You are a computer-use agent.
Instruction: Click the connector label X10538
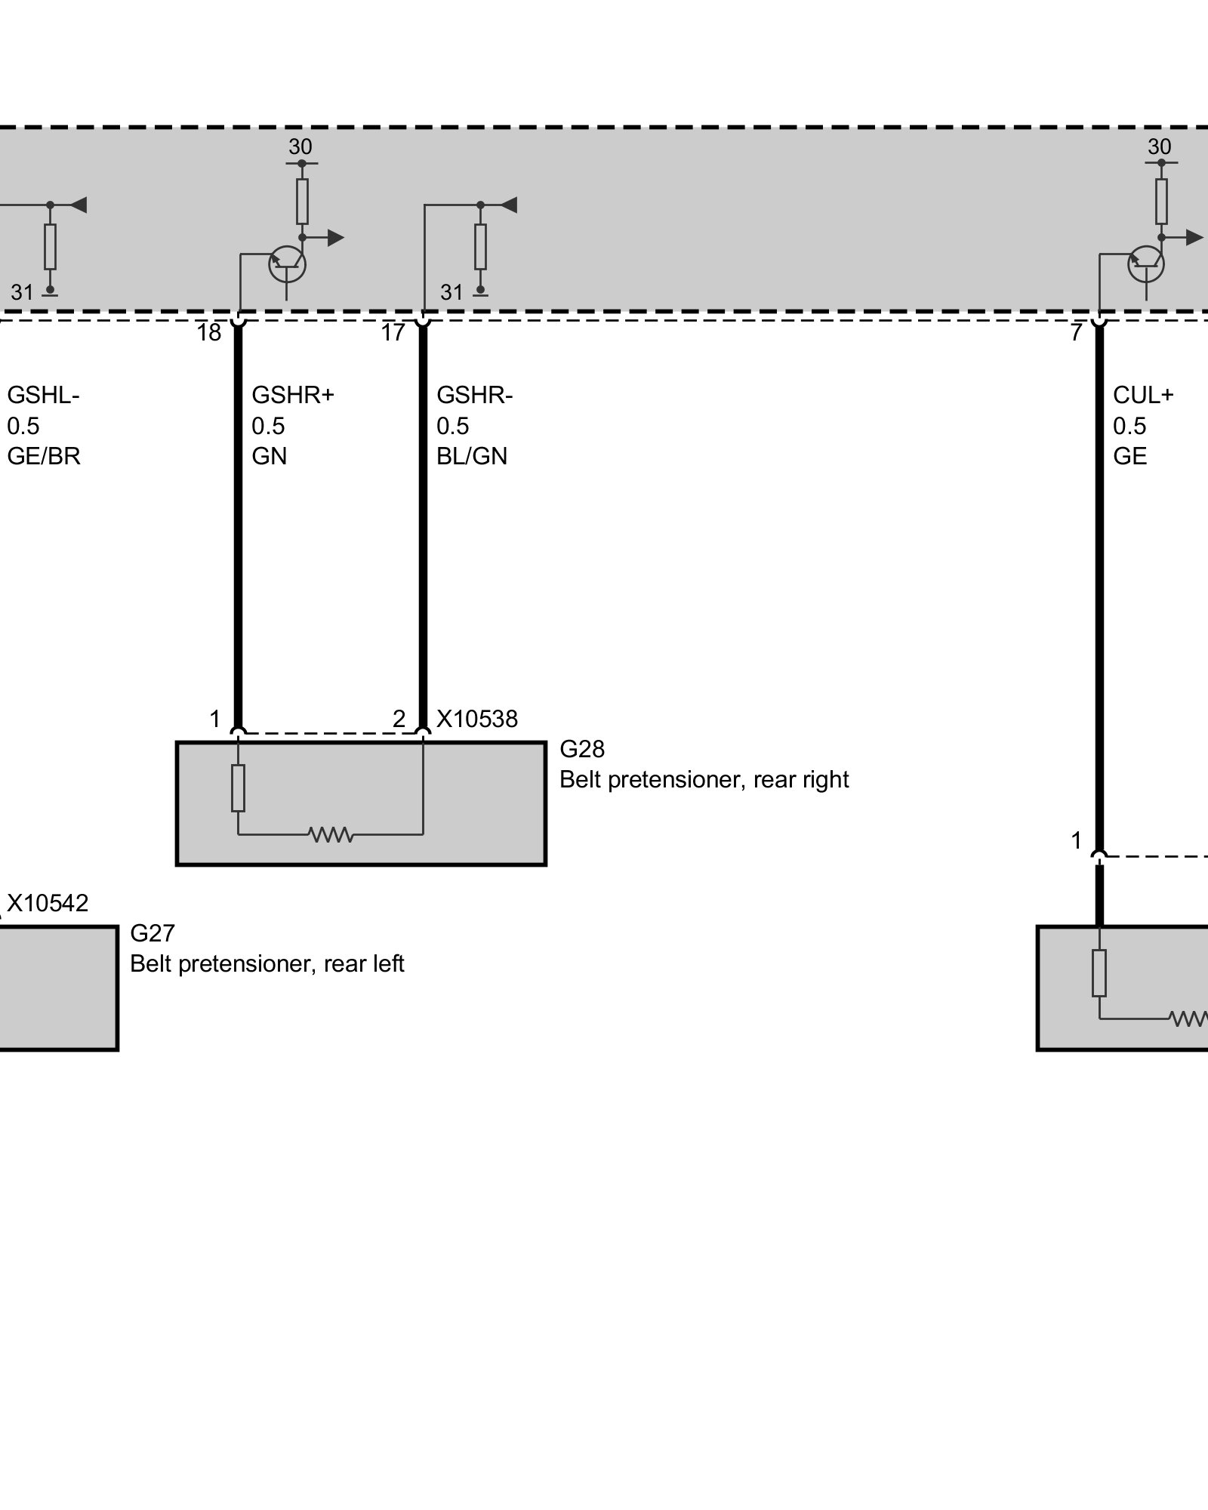click(477, 719)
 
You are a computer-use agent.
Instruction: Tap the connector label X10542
click(48, 903)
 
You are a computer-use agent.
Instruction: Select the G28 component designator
click(582, 749)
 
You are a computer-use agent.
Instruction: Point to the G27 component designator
click(153, 933)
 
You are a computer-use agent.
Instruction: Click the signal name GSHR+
click(292, 395)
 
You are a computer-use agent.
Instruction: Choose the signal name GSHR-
click(474, 395)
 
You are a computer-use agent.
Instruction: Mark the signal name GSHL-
click(43, 395)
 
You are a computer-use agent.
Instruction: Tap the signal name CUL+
click(1143, 395)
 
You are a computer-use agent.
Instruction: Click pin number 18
click(209, 333)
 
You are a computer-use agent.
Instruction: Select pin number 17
click(393, 333)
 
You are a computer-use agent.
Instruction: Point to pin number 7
click(1077, 333)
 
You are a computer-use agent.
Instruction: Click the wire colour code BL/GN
click(472, 456)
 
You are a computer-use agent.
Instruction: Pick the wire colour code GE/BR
click(44, 456)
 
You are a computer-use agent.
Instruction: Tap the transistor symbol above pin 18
click(288, 263)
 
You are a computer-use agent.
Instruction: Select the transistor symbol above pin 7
click(1146, 263)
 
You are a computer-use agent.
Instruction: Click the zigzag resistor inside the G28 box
click(331, 834)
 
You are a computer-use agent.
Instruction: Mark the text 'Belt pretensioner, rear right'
click(704, 779)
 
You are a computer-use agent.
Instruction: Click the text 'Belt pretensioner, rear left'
click(267, 963)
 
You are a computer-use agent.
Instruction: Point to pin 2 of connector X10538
click(399, 719)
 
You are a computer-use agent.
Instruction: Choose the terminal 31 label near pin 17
click(451, 291)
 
